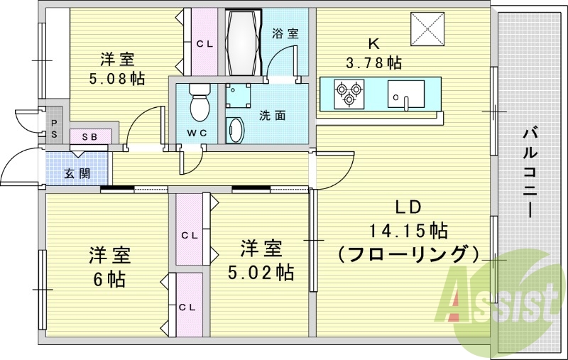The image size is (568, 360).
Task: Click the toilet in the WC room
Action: (200, 104)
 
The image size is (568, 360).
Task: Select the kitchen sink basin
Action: (406, 93)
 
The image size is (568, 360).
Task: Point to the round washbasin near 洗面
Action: (234, 131)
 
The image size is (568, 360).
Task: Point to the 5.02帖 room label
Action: (261, 271)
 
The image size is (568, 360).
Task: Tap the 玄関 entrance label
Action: (77, 173)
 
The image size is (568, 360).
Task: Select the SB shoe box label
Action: (90, 136)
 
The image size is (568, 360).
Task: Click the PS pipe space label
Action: (54, 127)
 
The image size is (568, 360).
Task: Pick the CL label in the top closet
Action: (205, 44)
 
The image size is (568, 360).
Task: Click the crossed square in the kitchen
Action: (427, 29)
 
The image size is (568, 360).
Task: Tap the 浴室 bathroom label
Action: (285, 33)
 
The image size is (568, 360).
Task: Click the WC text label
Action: (197, 133)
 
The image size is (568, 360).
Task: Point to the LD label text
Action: (408, 207)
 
